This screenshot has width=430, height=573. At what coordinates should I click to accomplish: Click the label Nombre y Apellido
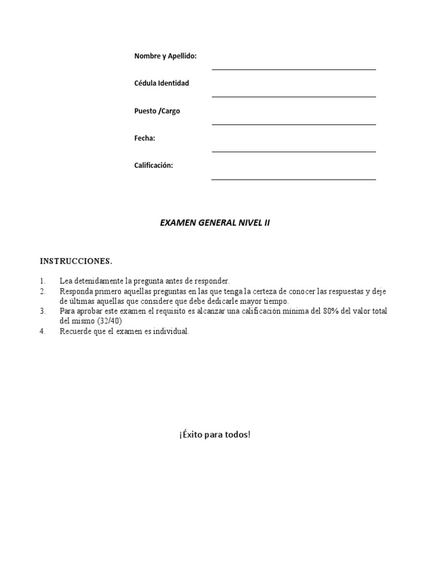click(x=165, y=56)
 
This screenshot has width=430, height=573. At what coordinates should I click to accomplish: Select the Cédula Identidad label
click(x=161, y=83)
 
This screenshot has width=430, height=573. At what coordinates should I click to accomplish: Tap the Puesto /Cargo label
click(x=157, y=111)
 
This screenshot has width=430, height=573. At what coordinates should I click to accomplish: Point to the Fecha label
click(x=144, y=138)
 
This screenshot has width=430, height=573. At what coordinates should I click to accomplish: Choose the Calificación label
click(x=153, y=166)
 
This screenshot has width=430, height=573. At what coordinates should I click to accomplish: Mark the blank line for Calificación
click(x=293, y=179)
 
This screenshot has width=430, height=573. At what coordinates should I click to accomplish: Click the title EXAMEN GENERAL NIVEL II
click(x=215, y=223)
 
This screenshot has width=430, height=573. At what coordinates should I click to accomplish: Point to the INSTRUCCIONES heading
click(x=76, y=261)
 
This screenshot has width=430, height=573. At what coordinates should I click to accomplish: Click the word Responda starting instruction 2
click(x=76, y=292)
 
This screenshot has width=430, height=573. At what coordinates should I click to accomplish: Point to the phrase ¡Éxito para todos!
click(x=215, y=434)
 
